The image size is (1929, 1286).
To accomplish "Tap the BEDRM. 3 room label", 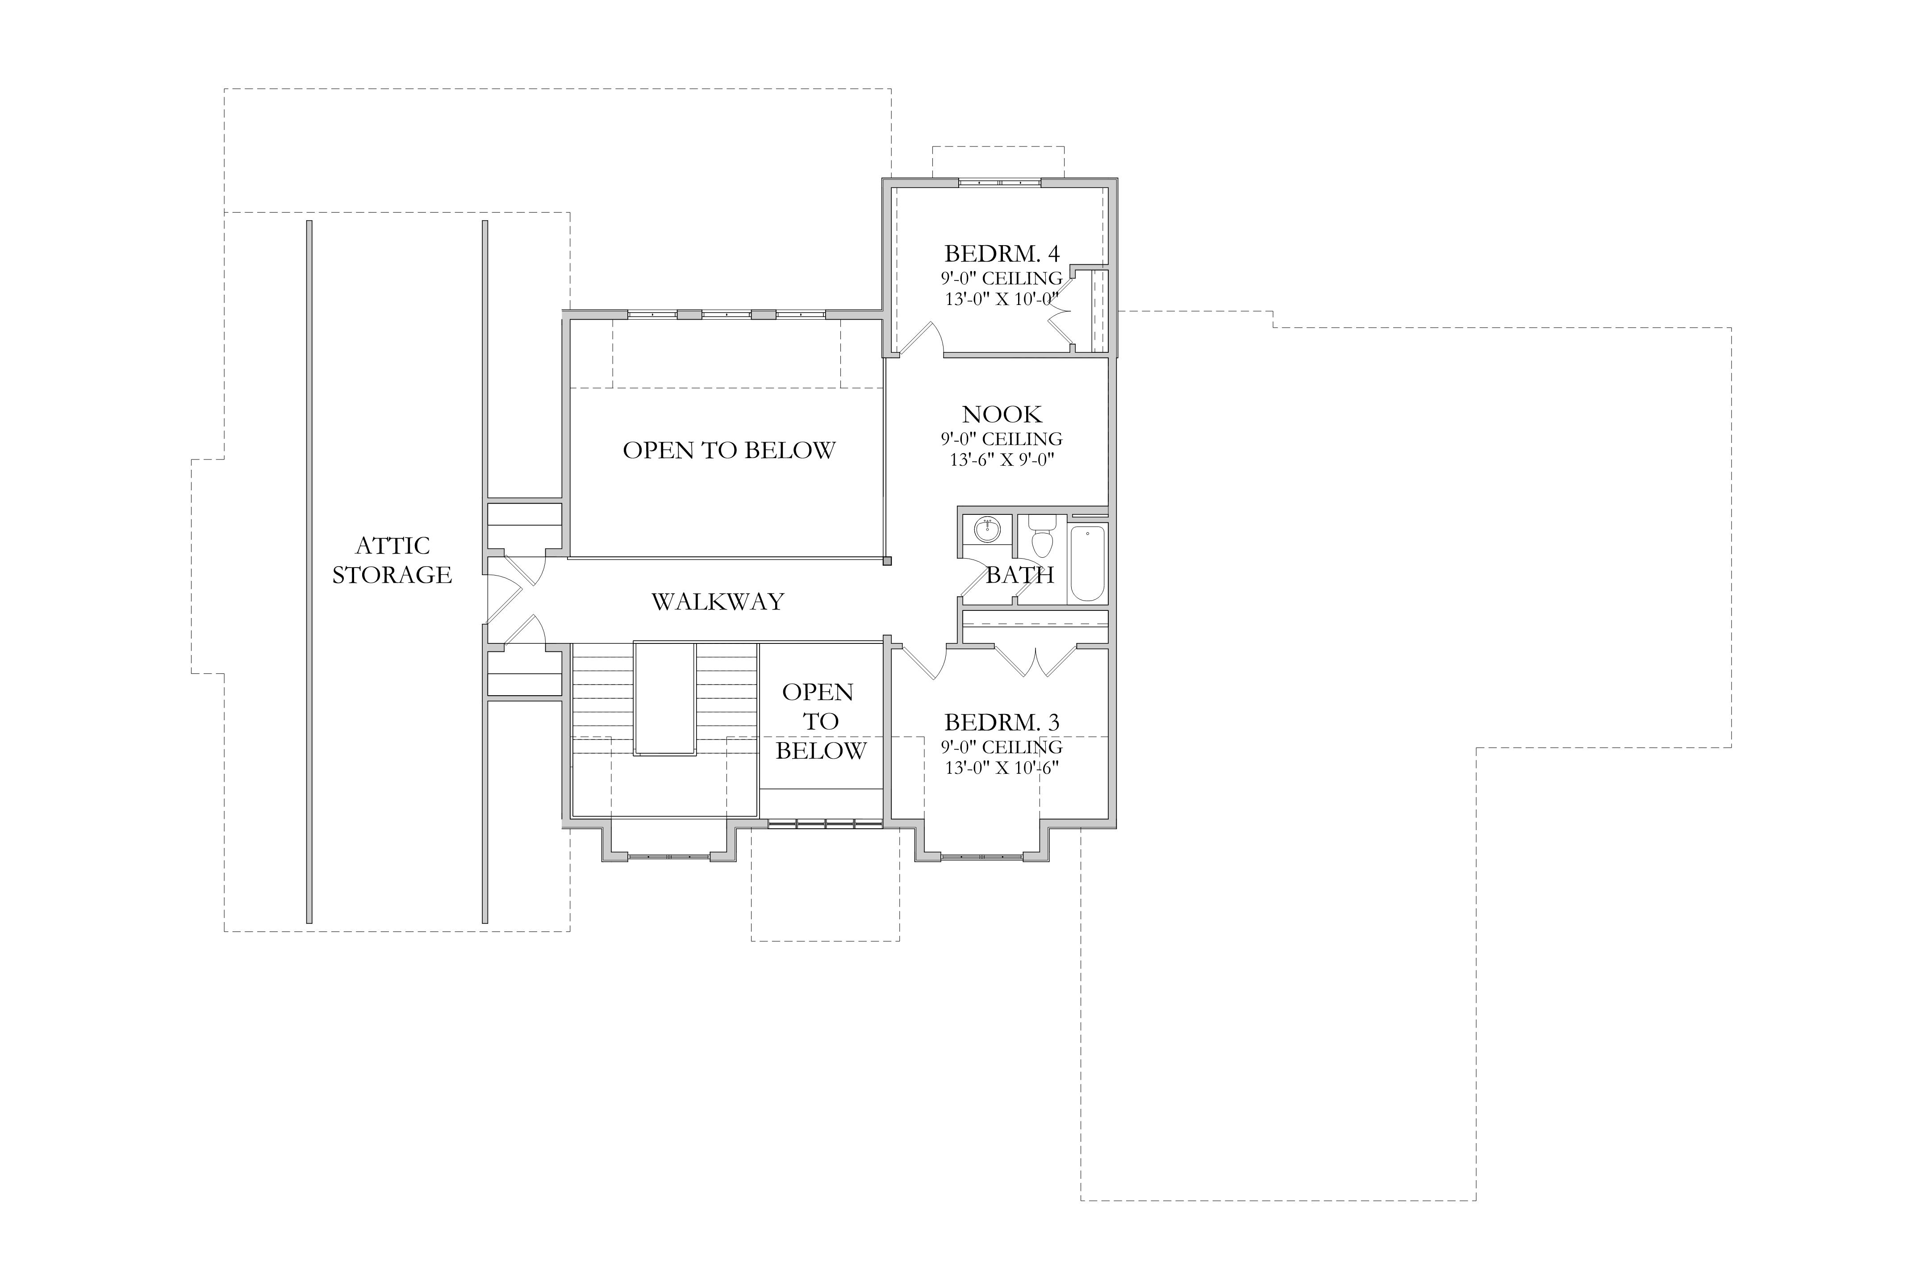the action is (x=1002, y=722).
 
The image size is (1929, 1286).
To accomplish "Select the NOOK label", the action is (x=1002, y=414).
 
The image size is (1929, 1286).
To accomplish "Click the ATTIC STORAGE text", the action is (x=392, y=560).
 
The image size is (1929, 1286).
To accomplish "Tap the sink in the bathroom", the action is (x=988, y=530).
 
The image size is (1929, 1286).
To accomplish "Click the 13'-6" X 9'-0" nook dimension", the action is (x=1002, y=460).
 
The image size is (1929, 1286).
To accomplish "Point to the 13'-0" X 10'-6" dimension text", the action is (x=1002, y=768).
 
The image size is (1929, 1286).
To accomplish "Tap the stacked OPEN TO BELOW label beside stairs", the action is (x=820, y=722).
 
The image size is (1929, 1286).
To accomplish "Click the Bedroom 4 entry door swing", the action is (x=921, y=339).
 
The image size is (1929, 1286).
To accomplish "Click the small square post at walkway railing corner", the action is (x=887, y=562).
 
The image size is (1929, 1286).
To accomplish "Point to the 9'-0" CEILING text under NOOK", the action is (x=1002, y=439).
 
